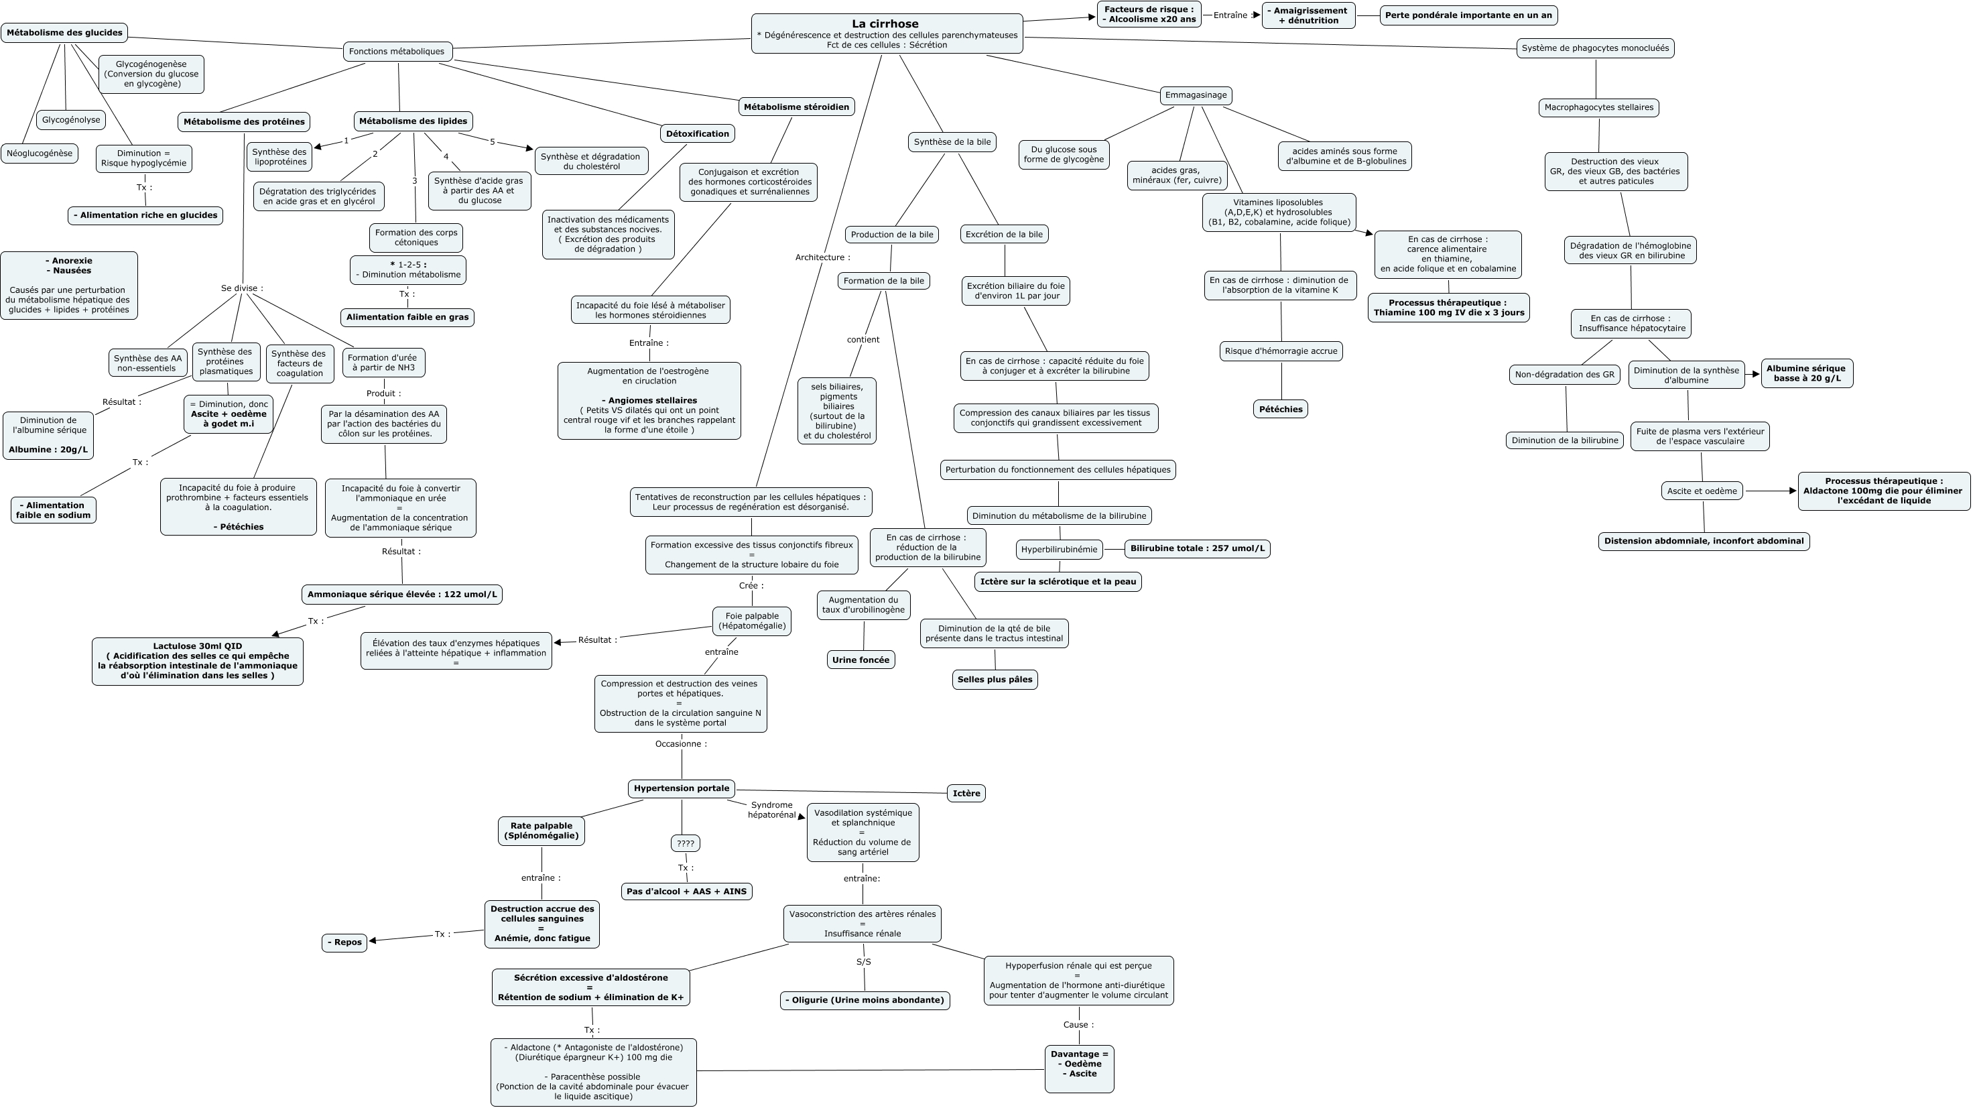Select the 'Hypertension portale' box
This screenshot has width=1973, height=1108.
(x=682, y=788)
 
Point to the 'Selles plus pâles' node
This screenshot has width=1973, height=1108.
(x=994, y=680)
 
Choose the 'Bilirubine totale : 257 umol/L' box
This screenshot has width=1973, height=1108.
(x=1197, y=548)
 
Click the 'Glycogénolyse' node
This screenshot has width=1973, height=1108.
(x=71, y=119)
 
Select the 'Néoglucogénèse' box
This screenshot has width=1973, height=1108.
(x=40, y=153)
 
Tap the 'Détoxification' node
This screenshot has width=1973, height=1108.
(x=697, y=134)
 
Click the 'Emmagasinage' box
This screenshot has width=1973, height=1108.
(x=1196, y=95)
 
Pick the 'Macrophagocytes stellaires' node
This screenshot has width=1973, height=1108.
(x=1598, y=107)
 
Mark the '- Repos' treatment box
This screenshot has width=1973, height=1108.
(x=344, y=942)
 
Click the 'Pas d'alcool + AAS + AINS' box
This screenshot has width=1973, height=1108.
(x=686, y=891)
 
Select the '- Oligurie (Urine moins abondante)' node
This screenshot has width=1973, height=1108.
(x=865, y=1000)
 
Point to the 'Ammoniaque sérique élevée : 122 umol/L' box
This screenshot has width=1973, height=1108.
(x=402, y=595)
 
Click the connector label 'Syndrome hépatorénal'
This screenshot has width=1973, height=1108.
(x=771, y=810)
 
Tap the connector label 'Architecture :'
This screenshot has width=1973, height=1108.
(x=822, y=257)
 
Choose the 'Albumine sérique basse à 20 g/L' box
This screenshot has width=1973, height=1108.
(x=1806, y=373)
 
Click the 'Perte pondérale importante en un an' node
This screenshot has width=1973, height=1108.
(x=1468, y=15)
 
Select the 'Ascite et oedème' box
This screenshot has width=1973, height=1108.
(x=1701, y=491)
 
